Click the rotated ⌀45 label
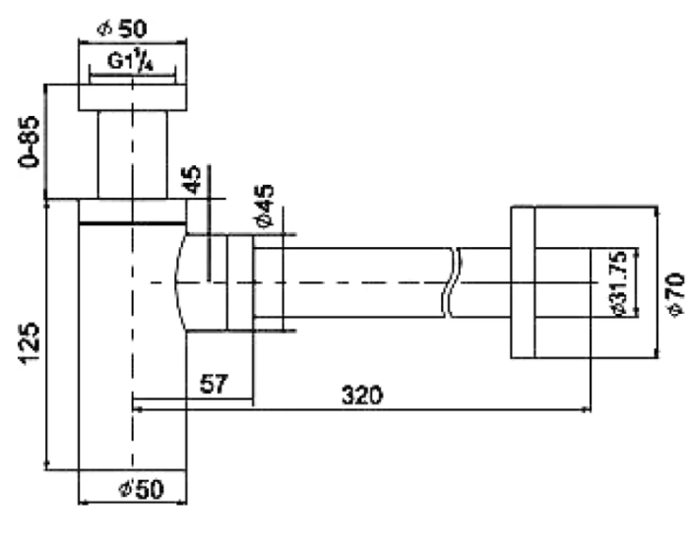(x=263, y=206)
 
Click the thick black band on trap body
(x=133, y=223)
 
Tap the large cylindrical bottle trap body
(x=133, y=394)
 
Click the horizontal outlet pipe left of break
(x=354, y=282)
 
